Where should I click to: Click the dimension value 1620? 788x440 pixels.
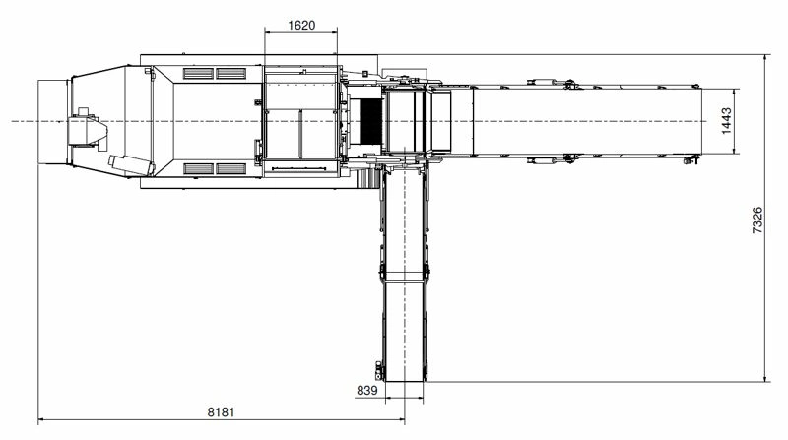[301, 25]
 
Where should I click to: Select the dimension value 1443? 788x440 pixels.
[726, 121]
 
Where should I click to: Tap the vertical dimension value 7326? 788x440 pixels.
[757, 220]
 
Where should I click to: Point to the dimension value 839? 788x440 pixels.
[366, 390]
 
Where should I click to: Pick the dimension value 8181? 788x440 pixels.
[221, 412]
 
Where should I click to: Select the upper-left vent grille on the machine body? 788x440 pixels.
[199, 73]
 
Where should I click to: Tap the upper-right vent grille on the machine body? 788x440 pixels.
[231, 73]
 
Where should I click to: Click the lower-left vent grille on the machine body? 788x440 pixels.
[199, 168]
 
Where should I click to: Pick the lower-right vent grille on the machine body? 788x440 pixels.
[231, 168]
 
